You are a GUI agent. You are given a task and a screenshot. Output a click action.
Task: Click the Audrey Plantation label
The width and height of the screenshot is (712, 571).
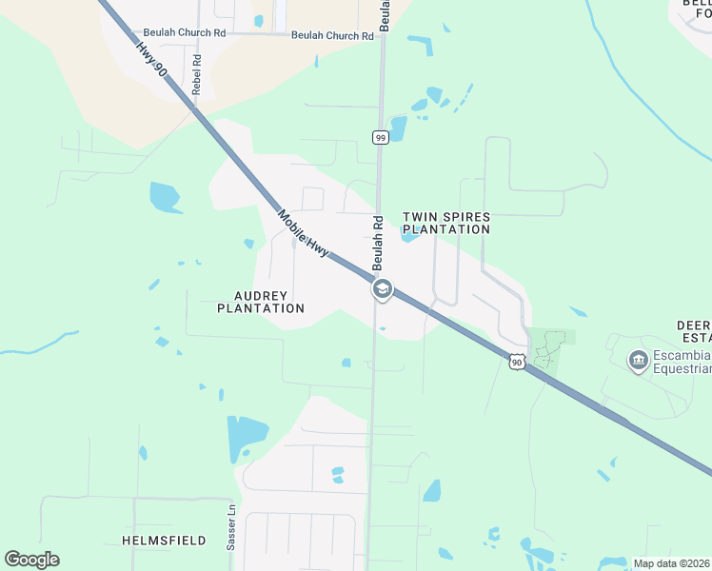(x=261, y=302)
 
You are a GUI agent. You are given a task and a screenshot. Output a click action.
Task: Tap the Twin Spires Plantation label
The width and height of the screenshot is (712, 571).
(x=446, y=223)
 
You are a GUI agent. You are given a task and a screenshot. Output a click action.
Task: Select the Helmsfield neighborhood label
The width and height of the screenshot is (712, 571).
(x=165, y=541)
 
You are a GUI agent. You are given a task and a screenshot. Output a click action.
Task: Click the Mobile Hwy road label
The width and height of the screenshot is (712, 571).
(x=305, y=232)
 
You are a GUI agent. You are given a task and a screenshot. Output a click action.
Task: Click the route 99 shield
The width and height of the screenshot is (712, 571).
(x=380, y=137)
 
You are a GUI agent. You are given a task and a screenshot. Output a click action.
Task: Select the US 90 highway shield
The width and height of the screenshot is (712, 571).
(x=516, y=362)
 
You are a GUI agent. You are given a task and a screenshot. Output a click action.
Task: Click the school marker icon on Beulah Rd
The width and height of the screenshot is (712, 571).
(x=382, y=289)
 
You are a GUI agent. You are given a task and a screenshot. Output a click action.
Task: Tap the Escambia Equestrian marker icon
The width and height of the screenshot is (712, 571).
(x=638, y=361)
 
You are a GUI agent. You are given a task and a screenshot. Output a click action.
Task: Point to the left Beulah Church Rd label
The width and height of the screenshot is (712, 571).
(x=185, y=32)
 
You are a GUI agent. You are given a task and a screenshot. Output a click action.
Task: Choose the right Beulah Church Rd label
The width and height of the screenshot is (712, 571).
(x=332, y=36)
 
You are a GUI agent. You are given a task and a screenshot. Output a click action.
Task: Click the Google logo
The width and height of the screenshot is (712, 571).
(x=31, y=560)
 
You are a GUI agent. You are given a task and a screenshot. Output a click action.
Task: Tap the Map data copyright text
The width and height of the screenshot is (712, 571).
(x=672, y=563)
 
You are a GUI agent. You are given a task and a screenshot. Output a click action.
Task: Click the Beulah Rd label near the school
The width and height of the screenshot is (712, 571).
(x=377, y=243)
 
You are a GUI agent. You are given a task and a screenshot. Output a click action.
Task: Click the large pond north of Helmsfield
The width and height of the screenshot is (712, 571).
(x=246, y=437)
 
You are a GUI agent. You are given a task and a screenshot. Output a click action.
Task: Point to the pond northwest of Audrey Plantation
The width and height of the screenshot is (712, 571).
(x=164, y=197)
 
